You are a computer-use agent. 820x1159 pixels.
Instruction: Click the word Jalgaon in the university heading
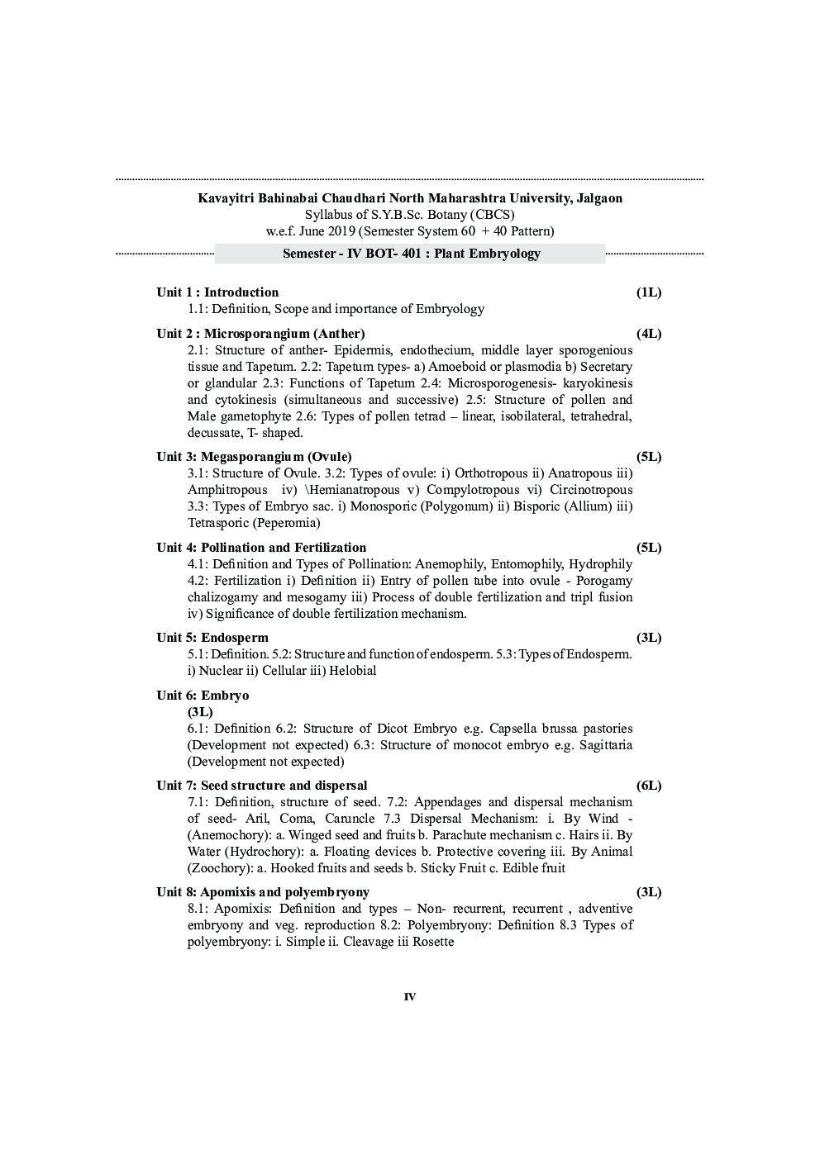598,198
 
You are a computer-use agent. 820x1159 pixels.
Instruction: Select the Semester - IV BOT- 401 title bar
411,254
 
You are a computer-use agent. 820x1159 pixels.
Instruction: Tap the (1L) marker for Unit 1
649,292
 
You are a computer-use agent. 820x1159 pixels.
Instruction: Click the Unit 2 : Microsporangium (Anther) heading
260,334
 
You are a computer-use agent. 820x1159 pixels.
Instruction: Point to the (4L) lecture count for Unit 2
649,334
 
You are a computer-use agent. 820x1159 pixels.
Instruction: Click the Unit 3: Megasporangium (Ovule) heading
254,457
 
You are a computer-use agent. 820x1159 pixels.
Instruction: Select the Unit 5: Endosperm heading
212,638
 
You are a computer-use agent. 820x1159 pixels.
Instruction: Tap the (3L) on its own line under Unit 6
200,712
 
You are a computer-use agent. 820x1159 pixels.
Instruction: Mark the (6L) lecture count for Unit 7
649,786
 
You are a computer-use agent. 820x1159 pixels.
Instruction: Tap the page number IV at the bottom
410,997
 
